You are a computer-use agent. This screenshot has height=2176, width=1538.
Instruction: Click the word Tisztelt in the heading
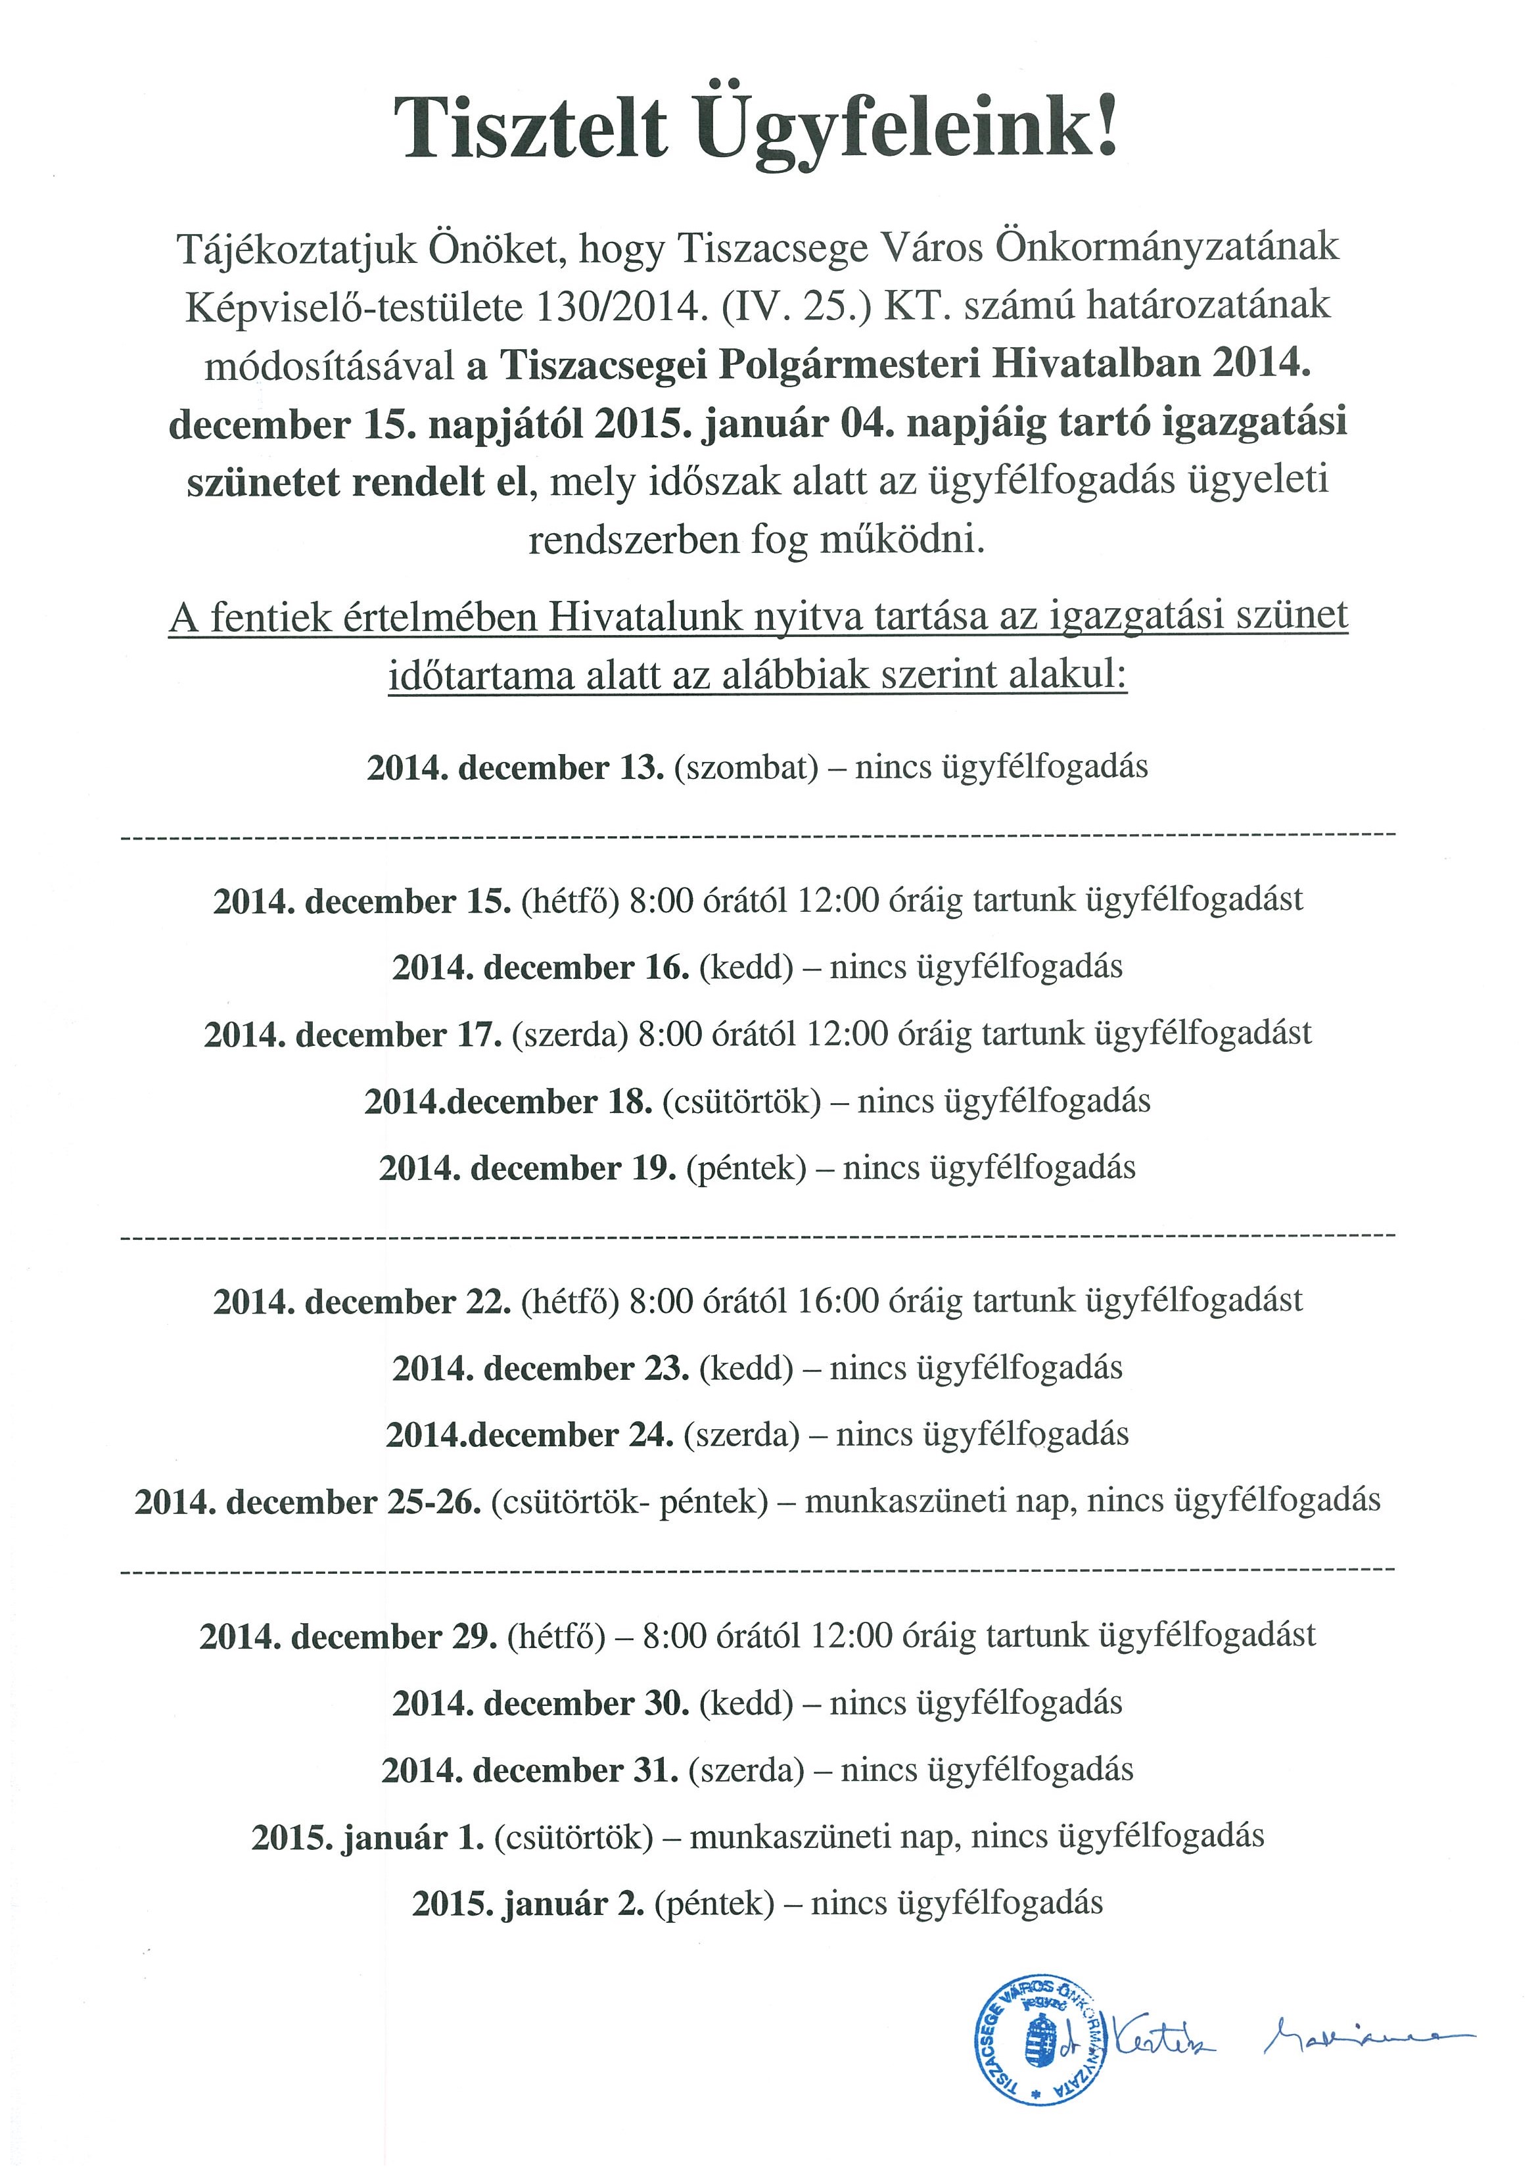click(x=530, y=131)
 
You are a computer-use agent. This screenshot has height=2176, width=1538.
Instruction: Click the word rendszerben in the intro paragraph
click(x=634, y=540)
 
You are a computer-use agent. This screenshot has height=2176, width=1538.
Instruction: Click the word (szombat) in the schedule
click(x=746, y=767)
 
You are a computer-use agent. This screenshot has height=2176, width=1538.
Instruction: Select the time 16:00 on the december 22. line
click(x=839, y=1300)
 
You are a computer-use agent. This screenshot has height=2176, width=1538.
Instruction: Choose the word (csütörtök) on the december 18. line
click(x=741, y=1101)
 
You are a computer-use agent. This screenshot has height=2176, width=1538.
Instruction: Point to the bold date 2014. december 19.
click(x=528, y=1168)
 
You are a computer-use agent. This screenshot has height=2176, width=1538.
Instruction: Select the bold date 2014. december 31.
click(x=530, y=1770)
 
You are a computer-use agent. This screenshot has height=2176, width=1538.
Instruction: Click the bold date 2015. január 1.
click(x=367, y=1837)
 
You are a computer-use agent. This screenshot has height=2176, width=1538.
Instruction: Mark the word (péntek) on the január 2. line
click(x=714, y=1903)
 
